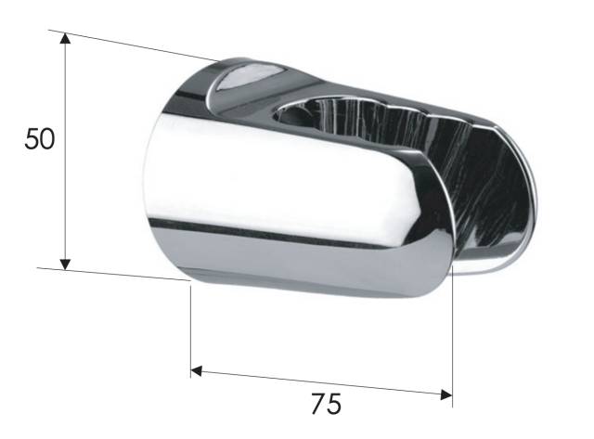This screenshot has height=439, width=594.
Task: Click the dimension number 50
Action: click(x=40, y=139)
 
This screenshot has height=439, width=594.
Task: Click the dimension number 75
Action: click(x=326, y=404)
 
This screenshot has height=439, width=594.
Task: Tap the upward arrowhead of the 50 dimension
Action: click(x=66, y=40)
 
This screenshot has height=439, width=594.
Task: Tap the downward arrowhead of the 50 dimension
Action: click(x=66, y=264)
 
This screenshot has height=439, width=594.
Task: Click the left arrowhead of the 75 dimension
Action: click(x=196, y=371)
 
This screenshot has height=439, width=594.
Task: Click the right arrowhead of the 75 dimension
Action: click(x=446, y=394)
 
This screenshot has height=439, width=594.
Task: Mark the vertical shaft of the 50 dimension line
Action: click(x=66, y=151)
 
